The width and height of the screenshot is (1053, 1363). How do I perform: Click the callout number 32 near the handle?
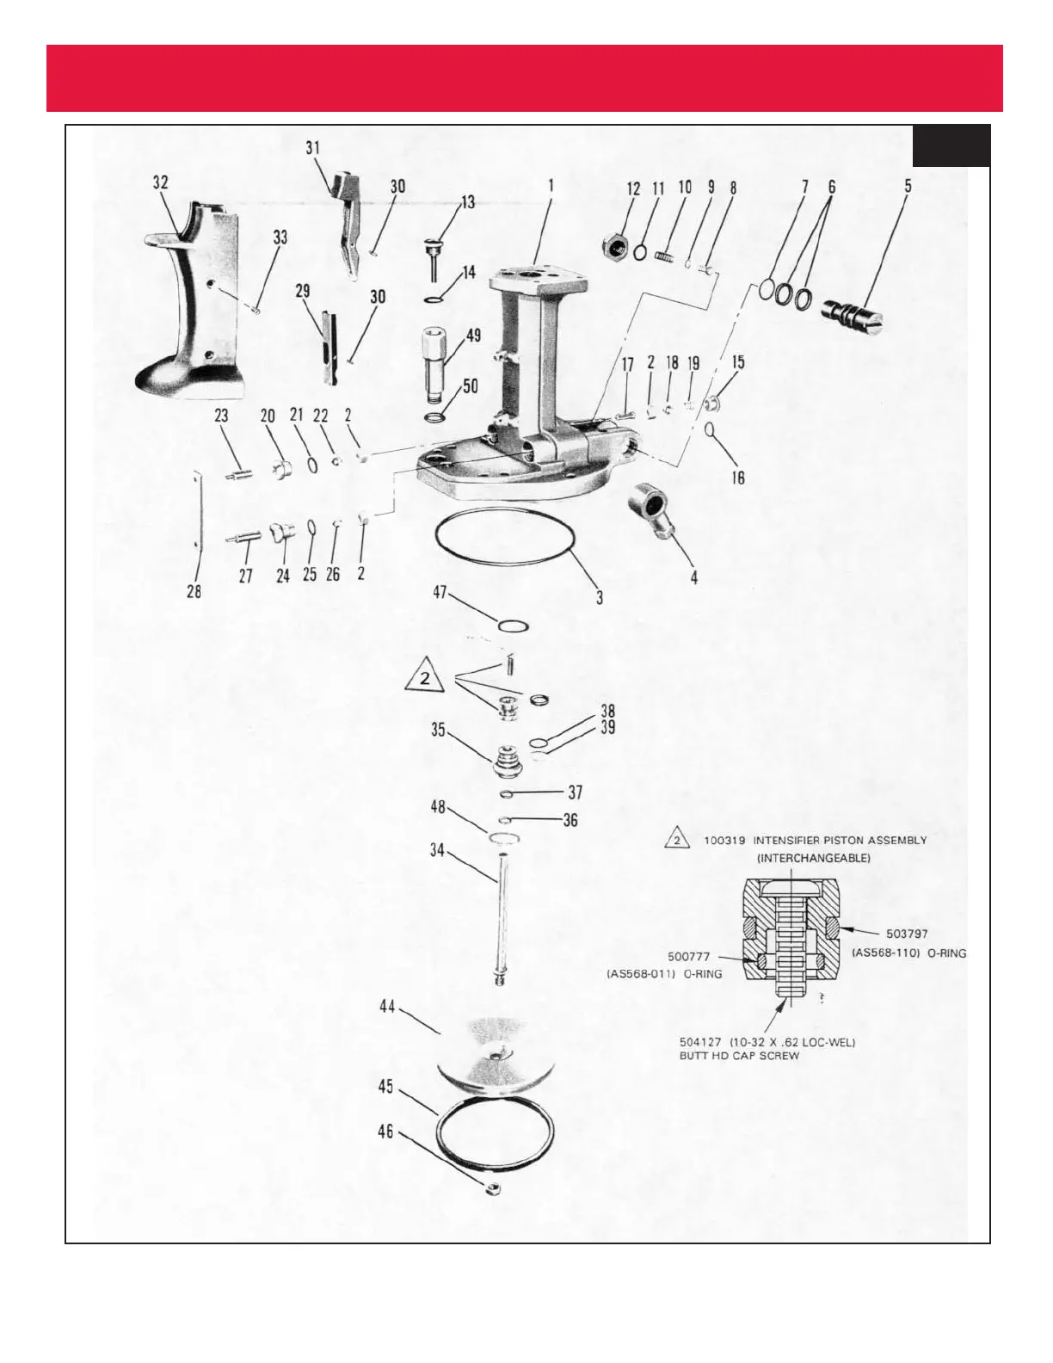(x=161, y=182)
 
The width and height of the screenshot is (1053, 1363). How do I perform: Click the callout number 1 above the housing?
(x=550, y=184)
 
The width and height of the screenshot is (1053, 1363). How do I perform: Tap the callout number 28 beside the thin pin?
(x=194, y=592)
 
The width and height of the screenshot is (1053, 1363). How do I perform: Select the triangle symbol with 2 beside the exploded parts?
(x=424, y=680)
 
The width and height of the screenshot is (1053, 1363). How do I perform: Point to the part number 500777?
(x=693, y=956)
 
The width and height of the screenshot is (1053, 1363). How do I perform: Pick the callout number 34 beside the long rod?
(x=437, y=851)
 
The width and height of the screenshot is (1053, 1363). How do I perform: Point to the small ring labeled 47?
(x=511, y=626)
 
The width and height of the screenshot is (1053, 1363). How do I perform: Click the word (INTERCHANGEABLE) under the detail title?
(x=813, y=859)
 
